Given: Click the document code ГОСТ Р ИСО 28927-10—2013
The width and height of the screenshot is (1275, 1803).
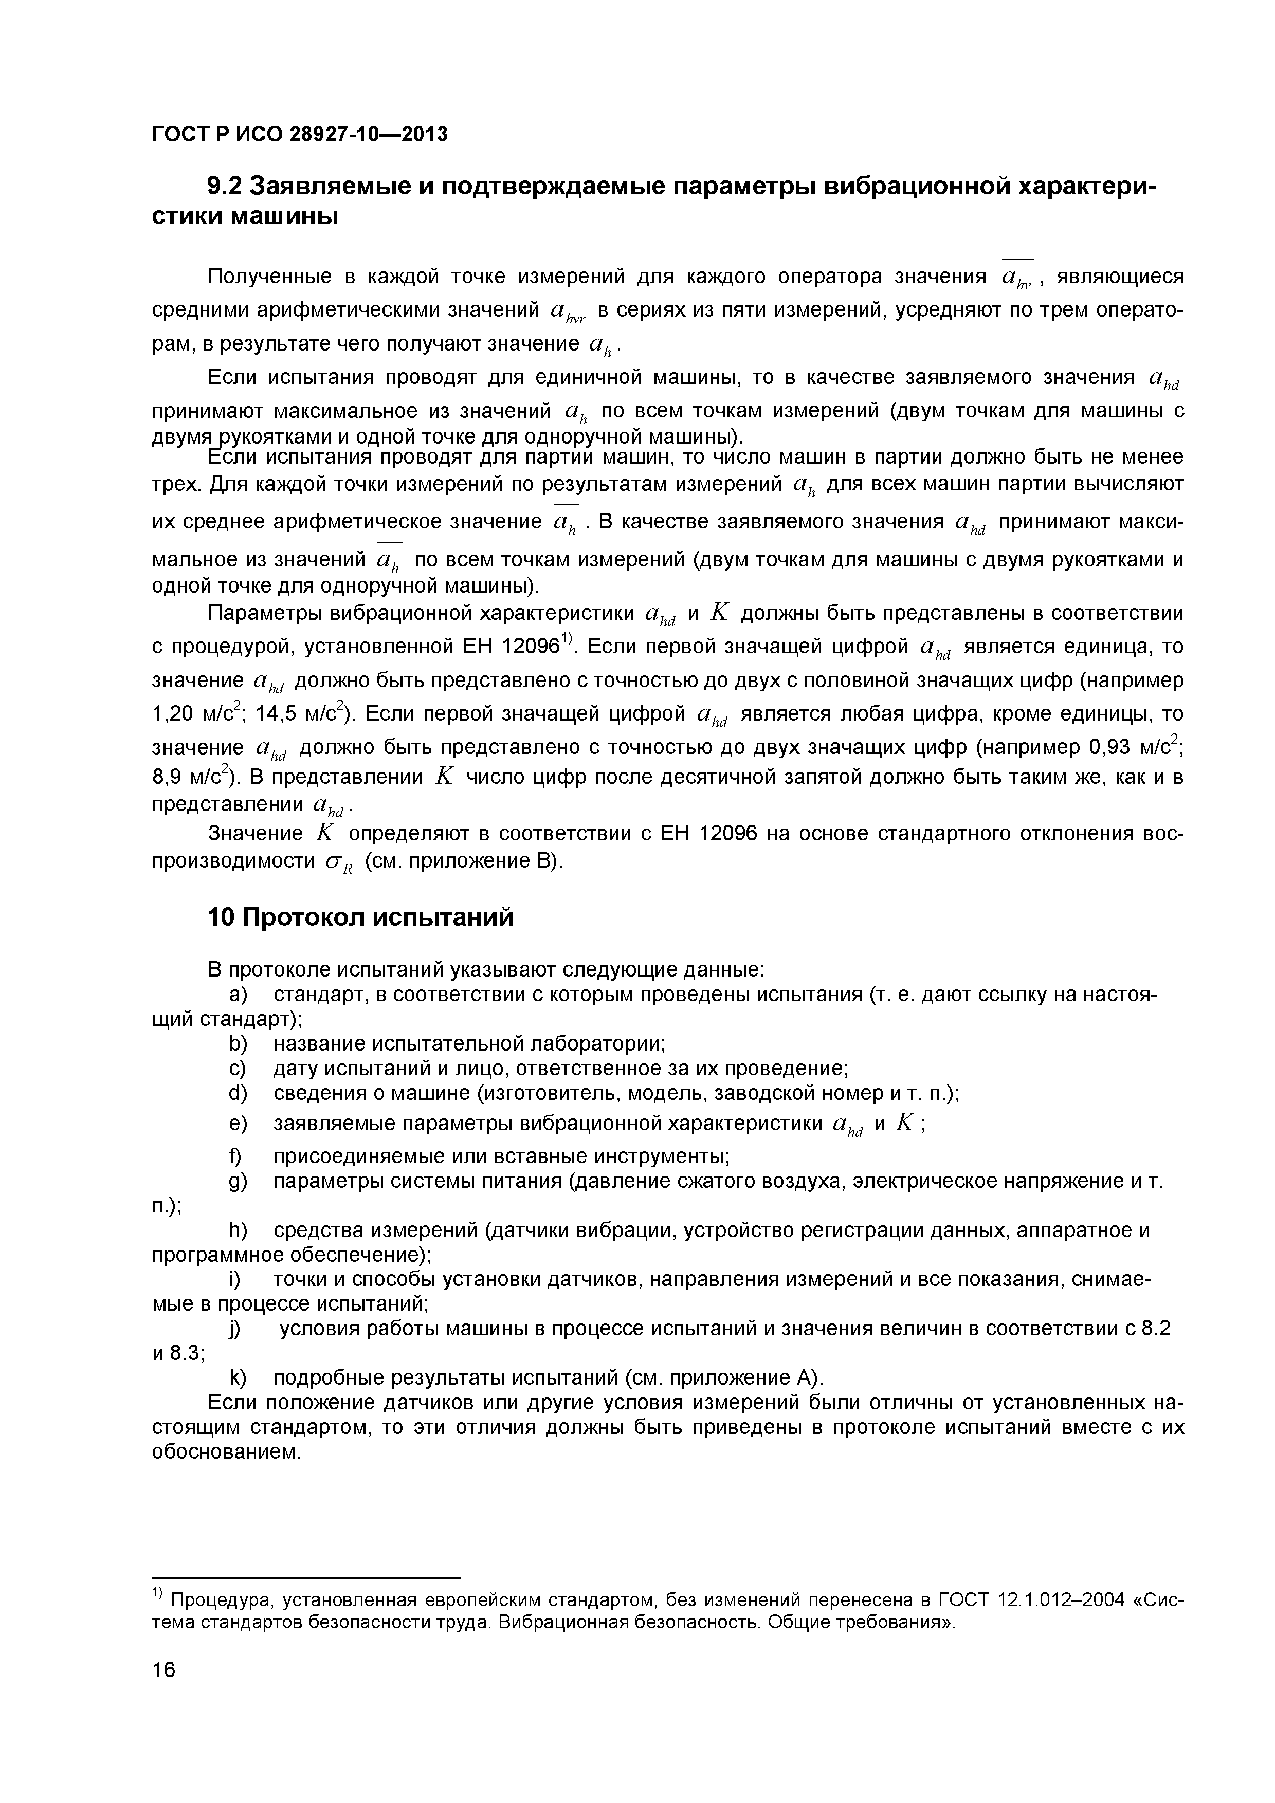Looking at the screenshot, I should [x=299, y=135].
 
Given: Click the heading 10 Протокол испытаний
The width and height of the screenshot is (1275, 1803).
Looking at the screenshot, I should [x=360, y=916].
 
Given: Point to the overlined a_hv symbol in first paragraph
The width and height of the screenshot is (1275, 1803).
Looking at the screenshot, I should [x=1018, y=278].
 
